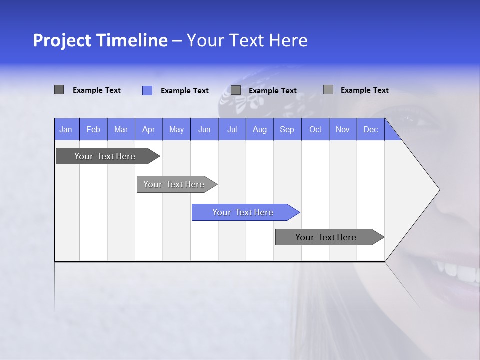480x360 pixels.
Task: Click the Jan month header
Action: (66, 129)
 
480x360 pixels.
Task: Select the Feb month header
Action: (93, 129)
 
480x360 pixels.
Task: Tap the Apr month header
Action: (148, 129)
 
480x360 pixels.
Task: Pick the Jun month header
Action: (204, 129)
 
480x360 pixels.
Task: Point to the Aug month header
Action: (259, 129)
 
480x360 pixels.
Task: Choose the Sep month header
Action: (287, 129)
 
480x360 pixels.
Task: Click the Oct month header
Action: (315, 129)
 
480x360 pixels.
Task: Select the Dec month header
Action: (370, 129)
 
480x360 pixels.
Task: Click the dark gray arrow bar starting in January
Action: (105, 156)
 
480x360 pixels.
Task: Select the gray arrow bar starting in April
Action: (174, 184)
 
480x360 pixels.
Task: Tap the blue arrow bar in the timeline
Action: (243, 212)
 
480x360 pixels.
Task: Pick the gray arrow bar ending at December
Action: (326, 237)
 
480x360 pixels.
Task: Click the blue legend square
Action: (147, 90)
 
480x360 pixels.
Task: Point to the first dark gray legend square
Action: (59, 90)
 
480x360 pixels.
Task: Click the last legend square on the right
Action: (328, 90)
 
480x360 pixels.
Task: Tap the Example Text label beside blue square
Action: (185, 91)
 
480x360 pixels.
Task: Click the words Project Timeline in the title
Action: (100, 40)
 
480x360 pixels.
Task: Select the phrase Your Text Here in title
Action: (247, 40)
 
